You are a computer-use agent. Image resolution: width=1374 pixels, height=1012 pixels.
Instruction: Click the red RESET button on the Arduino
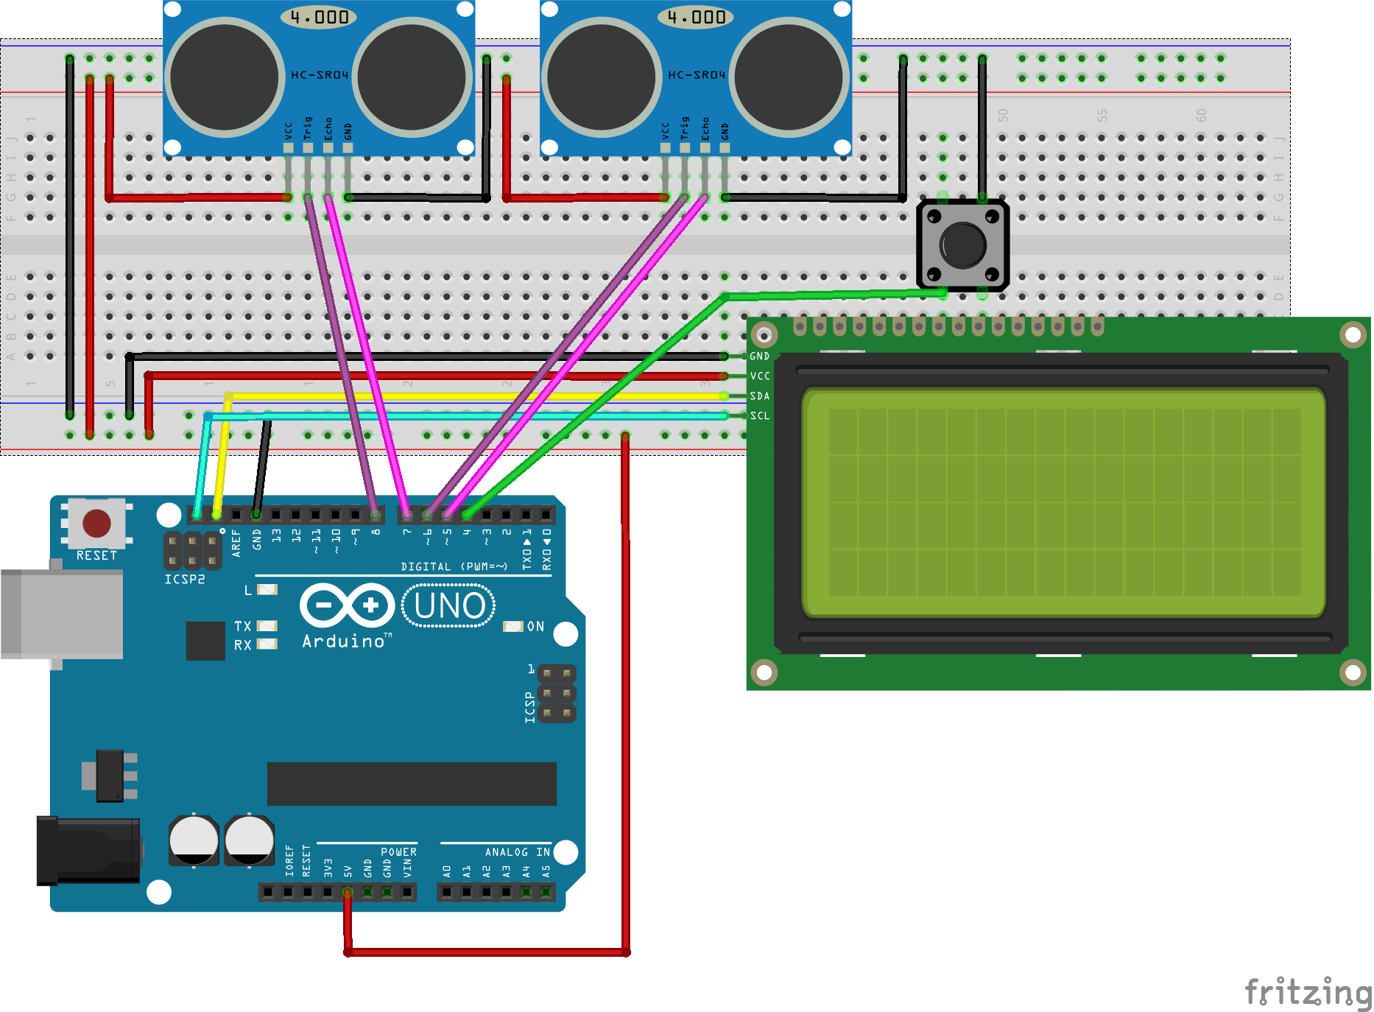pos(96,523)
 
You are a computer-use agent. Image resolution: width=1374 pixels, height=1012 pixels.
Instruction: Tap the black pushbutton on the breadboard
pos(962,245)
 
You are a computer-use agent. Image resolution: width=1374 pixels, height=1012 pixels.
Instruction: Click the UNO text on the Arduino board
pos(449,606)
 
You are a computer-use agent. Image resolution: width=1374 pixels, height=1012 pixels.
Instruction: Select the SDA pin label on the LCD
pos(760,396)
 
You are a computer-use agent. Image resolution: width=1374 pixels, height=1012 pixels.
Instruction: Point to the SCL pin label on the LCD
pos(760,416)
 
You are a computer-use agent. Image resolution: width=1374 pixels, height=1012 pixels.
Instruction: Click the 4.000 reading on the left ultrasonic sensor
pos(320,17)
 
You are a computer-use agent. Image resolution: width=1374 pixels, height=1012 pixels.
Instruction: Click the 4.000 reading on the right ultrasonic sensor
pos(697,17)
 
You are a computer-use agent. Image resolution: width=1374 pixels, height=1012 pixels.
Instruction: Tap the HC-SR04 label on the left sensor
pos(320,75)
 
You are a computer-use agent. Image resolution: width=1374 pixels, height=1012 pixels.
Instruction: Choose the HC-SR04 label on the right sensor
pos(697,75)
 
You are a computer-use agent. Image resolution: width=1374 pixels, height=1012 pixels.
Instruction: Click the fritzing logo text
pos(1307,992)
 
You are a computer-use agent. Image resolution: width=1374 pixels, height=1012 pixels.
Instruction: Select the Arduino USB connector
pos(62,614)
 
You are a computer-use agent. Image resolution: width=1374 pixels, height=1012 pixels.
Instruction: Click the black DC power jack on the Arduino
pos(88,850)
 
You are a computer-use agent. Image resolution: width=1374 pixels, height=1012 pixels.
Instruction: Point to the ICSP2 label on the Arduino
pos(184,580)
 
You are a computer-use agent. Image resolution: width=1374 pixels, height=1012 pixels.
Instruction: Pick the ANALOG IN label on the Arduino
pos(517,852)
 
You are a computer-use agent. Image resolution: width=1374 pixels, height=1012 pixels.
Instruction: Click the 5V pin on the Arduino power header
pos(348,893)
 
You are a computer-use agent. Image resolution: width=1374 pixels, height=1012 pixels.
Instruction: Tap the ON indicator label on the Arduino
pos(535,627)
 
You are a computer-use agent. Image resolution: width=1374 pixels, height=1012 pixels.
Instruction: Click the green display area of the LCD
pos(1064,502)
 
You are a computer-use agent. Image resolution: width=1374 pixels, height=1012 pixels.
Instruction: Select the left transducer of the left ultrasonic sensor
pos(225,77)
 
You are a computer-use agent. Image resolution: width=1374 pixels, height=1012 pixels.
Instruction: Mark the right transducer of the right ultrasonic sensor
pos(789,77)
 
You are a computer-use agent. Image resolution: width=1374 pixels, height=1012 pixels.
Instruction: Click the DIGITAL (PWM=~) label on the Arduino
pos(454,566)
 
